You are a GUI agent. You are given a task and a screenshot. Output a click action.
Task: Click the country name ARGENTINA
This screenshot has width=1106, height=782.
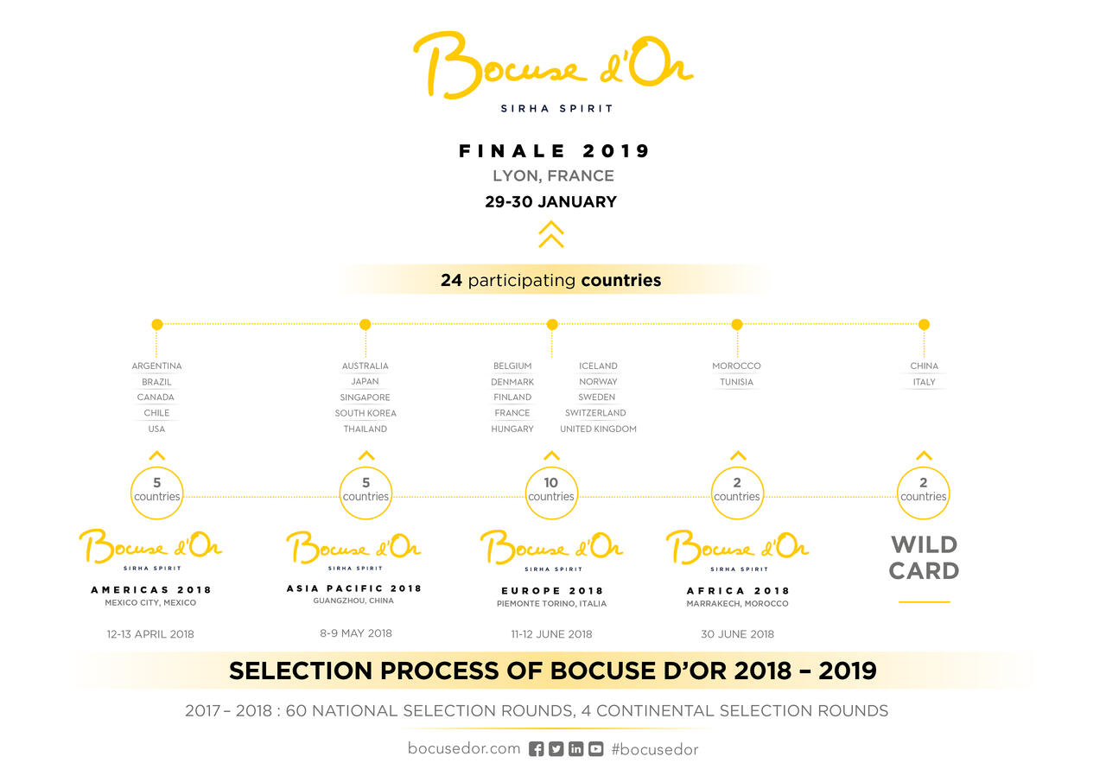(156, 366)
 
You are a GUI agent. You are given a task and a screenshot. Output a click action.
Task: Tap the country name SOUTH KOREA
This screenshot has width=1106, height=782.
(365, 413)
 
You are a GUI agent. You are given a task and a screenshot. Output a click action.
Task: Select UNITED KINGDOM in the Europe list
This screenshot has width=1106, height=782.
(598, 429)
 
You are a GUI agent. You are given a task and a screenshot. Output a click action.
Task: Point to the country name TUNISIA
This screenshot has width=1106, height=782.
(736, 382)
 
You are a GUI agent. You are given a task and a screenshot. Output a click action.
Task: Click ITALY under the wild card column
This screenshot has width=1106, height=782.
(924, 382)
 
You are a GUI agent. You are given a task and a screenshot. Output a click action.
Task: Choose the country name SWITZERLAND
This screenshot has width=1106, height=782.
(595, 413)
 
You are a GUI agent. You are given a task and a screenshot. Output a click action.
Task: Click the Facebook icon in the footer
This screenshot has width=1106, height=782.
(537, 749)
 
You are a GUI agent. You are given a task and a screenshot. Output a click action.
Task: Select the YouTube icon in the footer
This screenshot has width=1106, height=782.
(595, 749)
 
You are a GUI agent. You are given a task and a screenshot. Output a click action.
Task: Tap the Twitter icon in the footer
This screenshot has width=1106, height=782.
(556, 749)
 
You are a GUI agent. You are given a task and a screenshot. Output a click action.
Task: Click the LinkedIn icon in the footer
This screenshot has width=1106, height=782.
(575, 749)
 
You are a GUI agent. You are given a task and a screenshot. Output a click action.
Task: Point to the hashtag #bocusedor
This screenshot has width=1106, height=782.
(655, 749)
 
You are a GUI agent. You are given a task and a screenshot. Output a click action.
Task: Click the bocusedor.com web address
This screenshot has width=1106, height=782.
(464, 748)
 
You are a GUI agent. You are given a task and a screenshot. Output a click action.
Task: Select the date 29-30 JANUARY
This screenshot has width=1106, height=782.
(551, 202)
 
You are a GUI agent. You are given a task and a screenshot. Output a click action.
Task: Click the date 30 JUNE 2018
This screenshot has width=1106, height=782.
(737, 634)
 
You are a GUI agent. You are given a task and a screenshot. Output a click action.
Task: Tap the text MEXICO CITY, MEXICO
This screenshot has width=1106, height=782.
(150, 602)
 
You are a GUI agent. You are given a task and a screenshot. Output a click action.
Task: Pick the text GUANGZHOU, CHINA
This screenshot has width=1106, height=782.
(353, 601)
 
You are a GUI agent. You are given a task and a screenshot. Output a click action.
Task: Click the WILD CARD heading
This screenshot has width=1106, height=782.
(924, 558)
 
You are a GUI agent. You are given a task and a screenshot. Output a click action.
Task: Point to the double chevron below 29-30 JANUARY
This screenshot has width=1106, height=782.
(551, 234)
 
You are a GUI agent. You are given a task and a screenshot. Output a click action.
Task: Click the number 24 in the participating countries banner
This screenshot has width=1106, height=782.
(451, 281)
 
